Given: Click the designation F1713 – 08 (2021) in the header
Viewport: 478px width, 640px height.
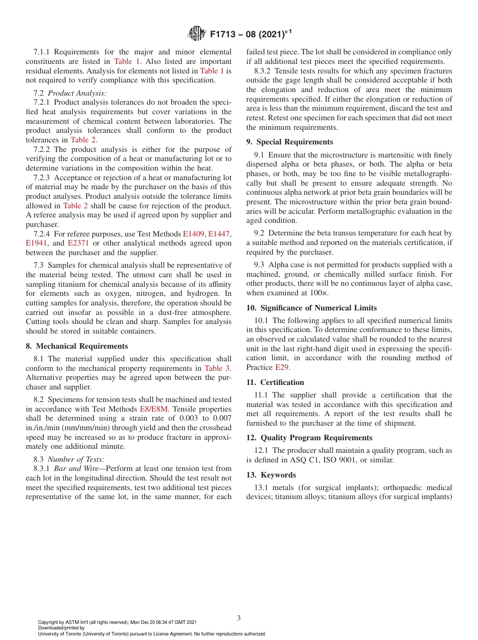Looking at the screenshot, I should [251, 34].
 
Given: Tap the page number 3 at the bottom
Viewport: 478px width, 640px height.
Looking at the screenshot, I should [239, 618].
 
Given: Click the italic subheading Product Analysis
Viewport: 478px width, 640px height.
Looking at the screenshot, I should [77, 93].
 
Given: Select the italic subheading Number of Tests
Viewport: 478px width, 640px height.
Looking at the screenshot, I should [76, 459].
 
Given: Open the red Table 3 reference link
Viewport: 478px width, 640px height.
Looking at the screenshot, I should [217, 368].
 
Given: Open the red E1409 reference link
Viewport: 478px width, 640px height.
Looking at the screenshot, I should [194, 234].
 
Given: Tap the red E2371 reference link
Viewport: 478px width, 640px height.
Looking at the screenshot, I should [78, 243].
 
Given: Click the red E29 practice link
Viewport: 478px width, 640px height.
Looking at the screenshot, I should [282, 367].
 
